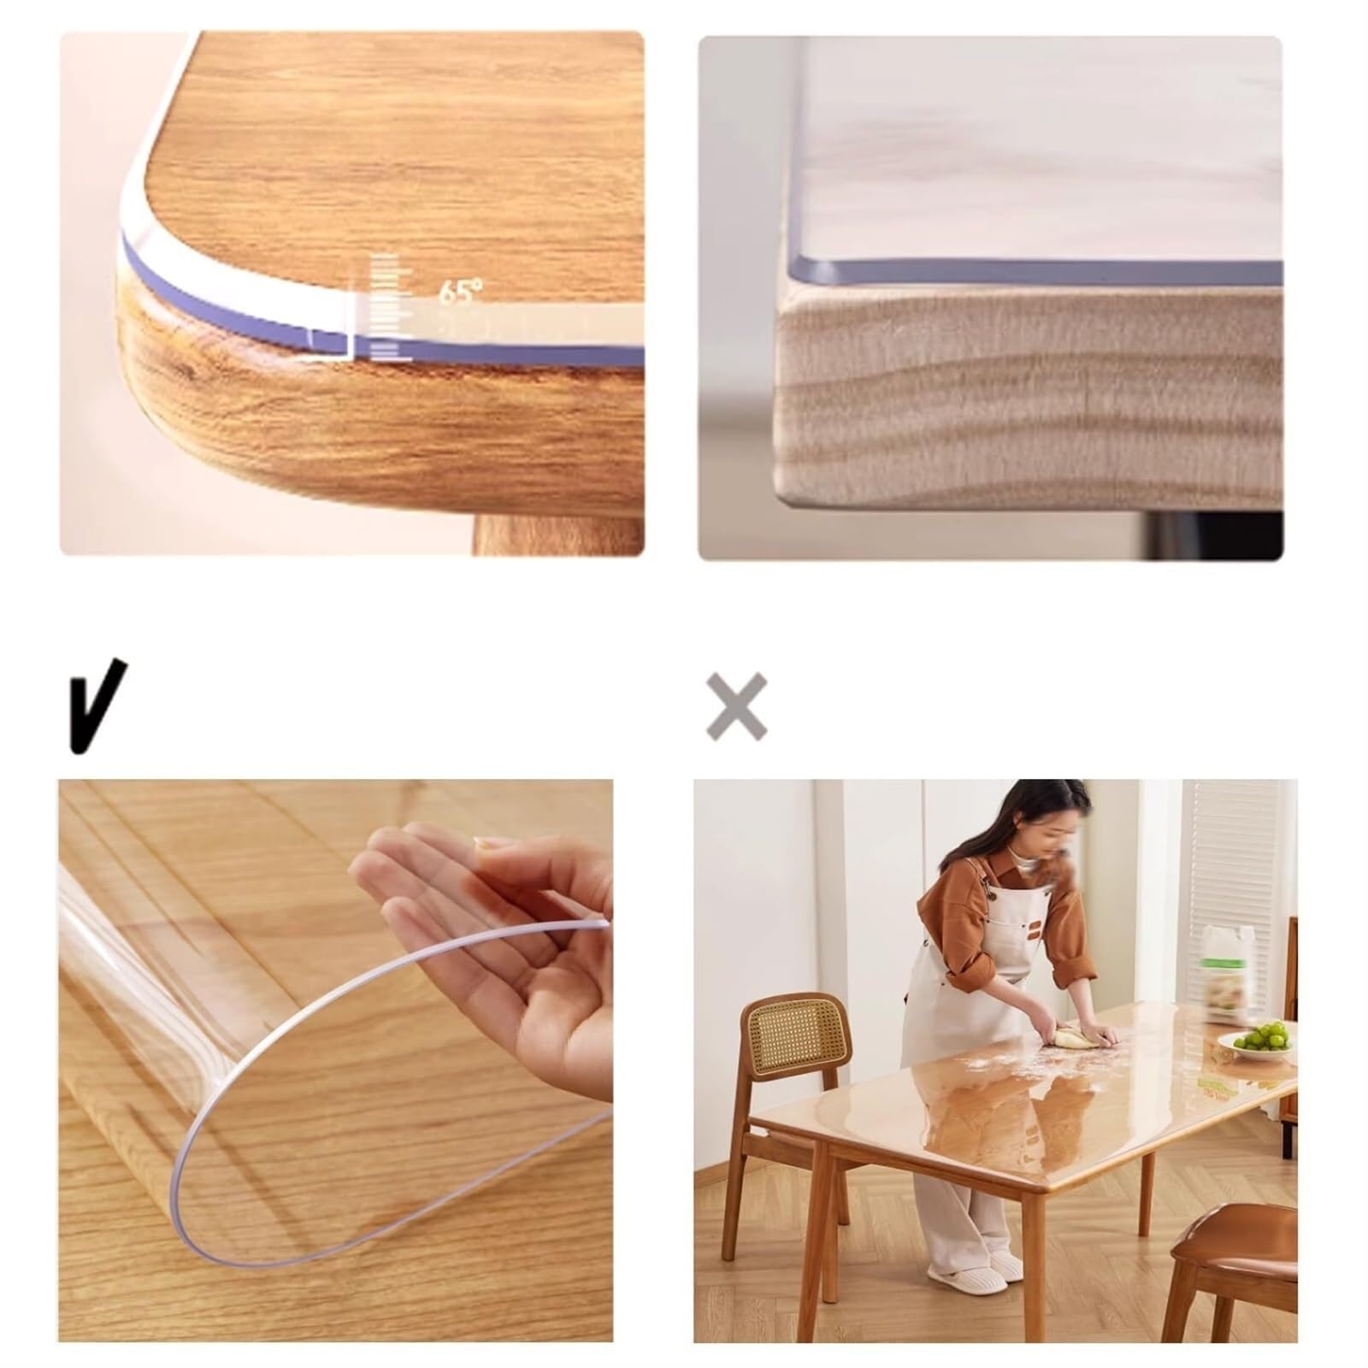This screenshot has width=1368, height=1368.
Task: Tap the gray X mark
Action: pos(736,706)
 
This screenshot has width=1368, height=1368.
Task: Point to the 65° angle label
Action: pos(460,292)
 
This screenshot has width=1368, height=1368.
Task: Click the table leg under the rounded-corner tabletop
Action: pos(557,534)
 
